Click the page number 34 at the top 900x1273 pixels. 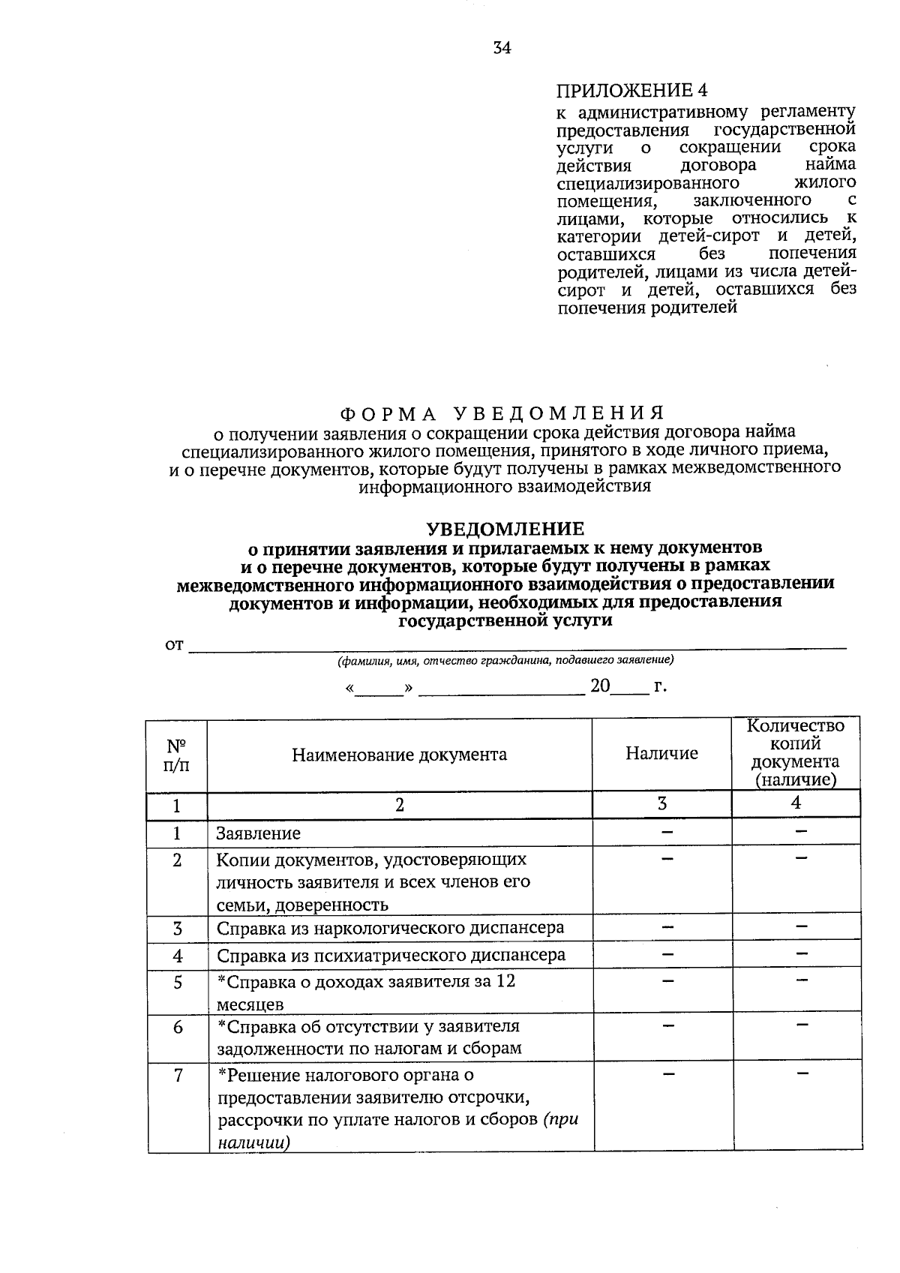click(x=502, y=48)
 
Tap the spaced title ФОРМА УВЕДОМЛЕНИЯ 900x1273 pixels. click(x=502, y=413)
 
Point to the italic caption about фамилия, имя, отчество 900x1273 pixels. click(x=505, y=661)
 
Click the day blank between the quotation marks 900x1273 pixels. click(x=379, y=687)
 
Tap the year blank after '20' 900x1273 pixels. click(x=631, y=687)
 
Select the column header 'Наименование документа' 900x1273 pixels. click(x=399, y=755)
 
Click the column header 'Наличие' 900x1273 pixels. click(x=661, y=753)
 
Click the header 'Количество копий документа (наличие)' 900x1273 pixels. click(x=795, y=753)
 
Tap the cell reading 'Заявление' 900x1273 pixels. click(x=259, y=833)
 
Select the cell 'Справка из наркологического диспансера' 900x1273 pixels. click(x=390, y=928)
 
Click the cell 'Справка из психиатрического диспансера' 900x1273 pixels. click(x=391, y=956)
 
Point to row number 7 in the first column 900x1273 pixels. click(x=178, y=1076)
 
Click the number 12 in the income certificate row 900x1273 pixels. click(x=505, y=981)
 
